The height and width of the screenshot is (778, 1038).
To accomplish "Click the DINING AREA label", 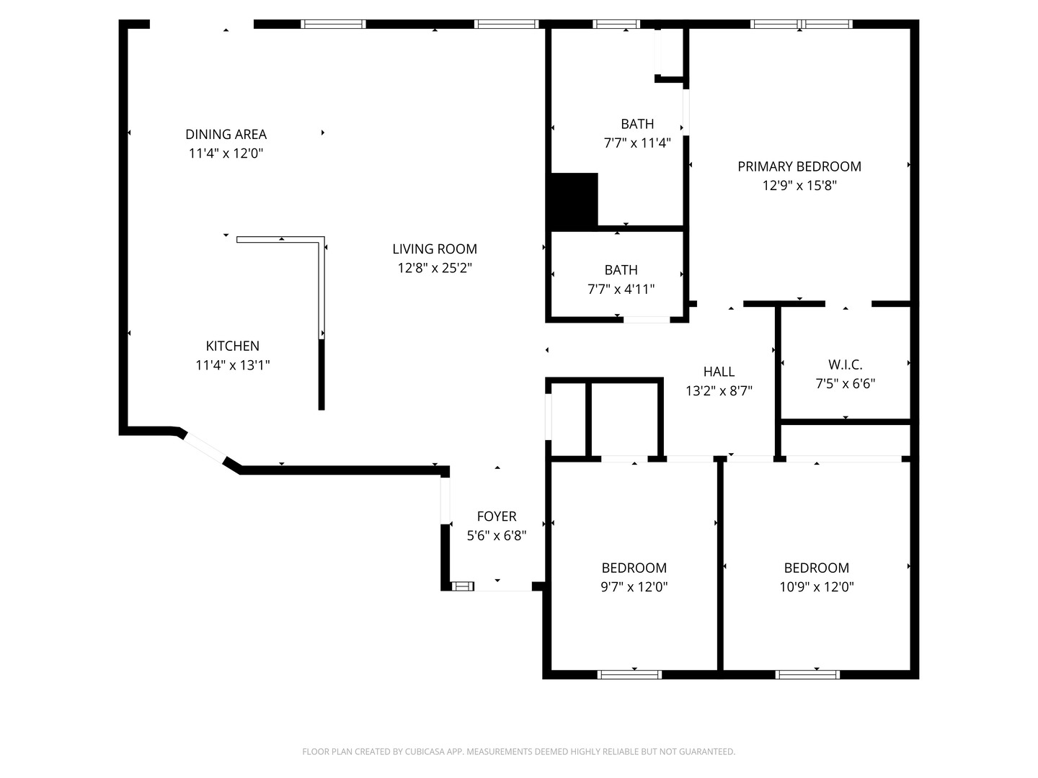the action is tap(226, 135).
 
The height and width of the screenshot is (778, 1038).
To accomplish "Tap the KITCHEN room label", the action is tap(232, 346).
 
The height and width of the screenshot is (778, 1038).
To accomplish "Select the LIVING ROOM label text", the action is tap(435, 249).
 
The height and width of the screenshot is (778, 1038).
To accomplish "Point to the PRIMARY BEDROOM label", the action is tap(799, 166).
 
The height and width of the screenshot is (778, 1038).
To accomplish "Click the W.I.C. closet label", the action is tap(845, 365).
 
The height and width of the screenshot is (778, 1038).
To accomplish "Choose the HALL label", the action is tap(719, 372).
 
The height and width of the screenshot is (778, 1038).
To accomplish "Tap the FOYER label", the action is tap(497, 517).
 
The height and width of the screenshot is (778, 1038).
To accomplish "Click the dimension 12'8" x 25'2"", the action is tap(435, 268).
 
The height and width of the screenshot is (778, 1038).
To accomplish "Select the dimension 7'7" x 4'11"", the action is tap(621, 289).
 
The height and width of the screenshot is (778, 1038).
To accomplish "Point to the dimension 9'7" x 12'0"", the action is tap(634, 586).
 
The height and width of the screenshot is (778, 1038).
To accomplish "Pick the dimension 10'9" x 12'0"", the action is tap(817, 586).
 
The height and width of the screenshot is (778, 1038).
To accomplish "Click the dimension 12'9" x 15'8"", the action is tap(799, 186).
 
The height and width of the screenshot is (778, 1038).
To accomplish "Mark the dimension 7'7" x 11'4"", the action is tap(637, 143).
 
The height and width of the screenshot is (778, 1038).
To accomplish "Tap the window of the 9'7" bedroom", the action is tap(629, 674).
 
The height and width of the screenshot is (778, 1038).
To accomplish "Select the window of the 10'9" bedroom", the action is tap(808, 674).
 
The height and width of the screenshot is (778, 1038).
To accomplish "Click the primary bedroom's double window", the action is tap(801, 24).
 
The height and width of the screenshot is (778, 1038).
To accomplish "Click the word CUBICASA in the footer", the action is tap(424, 751).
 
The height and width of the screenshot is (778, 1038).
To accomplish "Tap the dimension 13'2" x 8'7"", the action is tap(719, 391).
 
